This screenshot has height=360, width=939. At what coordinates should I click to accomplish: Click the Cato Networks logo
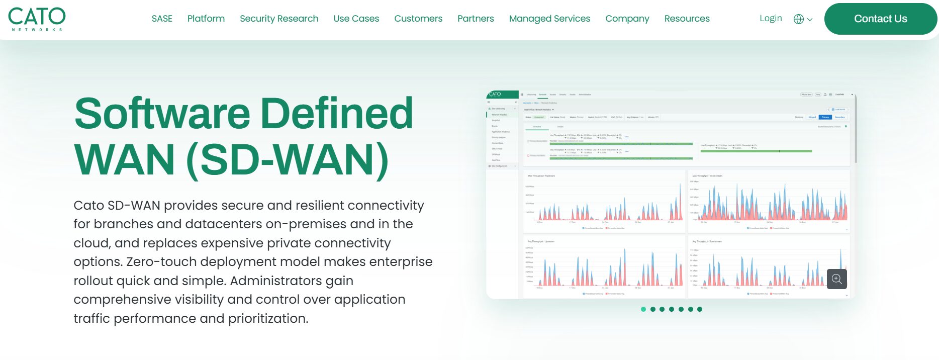[37, 19]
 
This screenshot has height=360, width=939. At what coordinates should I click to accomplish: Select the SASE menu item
[162, 19]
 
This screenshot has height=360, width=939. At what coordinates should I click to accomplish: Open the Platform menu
[206, 19]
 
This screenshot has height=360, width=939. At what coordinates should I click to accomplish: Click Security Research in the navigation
[279, 19]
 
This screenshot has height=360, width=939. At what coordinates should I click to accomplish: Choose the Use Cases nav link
[356, 19]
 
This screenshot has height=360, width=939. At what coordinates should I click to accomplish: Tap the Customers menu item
[418, 19]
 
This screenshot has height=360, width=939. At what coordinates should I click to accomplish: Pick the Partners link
[476, 19]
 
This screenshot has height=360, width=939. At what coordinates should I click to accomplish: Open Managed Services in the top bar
[549, 19]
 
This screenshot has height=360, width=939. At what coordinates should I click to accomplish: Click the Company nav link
[627, 19]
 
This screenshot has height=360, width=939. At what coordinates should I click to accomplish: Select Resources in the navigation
[687, 19]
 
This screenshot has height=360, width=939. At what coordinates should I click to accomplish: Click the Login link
[771, 18]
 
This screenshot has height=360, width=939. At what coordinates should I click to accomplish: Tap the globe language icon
[799, 19]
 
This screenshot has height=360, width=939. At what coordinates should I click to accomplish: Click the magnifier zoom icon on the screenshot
[837, 279]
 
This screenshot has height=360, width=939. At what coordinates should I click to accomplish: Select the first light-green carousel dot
[643, 309]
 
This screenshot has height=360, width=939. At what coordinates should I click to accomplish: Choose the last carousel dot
[700, 309]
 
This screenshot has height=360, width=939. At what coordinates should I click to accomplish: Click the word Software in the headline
[162, 114]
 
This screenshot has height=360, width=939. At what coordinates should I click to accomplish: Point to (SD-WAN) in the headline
[288, 160]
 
